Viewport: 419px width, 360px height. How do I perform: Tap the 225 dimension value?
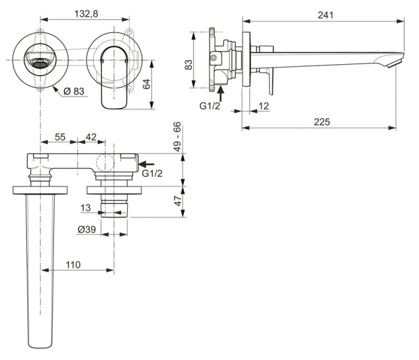point(322,122)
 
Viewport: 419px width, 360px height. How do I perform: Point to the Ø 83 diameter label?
point(76,91)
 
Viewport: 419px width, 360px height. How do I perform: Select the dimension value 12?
point(264,106)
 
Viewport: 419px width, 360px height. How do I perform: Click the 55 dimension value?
point(61,137)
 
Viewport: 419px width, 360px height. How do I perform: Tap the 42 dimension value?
point(91,137)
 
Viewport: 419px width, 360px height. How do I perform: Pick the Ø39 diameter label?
point(88,229)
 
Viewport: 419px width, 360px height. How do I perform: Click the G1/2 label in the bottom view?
point(152,173)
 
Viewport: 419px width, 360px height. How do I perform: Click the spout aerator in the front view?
point(40,62)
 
